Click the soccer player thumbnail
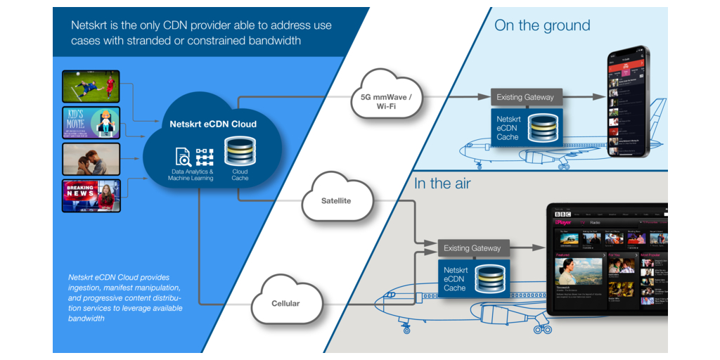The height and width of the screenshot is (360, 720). coord(91,86)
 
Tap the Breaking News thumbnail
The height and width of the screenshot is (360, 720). coord(91,195)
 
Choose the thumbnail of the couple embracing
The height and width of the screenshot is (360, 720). coord(91,159)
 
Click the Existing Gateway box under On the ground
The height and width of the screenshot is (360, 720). coord(525,97)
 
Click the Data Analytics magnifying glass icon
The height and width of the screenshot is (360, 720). coord(183,156)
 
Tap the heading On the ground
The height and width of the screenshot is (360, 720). coord(542,26)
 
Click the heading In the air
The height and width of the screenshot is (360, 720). coord(442,184)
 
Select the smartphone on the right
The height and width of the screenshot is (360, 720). coord(628,103)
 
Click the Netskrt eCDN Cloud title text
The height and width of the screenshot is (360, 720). coord(213,124)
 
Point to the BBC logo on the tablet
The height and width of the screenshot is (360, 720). coord(562,214)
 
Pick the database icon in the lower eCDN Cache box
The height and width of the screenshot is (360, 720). coord(491,279)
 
